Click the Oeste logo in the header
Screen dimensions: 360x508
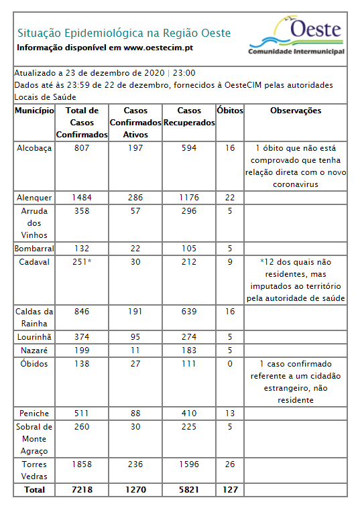[296, 36]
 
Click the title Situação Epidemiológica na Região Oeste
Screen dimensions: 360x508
[124, 33]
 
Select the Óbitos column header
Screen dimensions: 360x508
[230, 111]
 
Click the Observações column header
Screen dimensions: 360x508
[296, 111]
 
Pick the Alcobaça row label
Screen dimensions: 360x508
[34, 148]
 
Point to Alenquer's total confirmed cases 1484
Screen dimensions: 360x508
[82, 197]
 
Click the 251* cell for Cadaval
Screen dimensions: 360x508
[82, 262]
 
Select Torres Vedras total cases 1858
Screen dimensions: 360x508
[82, 464]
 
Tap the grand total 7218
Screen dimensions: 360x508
[82, 490]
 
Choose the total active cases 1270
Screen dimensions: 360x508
[136, 490]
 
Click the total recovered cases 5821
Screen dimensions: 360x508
[188, 490]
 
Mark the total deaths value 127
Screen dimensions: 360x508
[230, 490]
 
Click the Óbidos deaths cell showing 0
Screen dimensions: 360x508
[230, 363]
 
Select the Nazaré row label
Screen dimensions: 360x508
[34, 350]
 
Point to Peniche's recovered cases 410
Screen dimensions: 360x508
[188, 412]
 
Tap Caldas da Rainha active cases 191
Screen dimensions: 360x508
[136, 312]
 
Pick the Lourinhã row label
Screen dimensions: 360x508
[34, 336]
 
